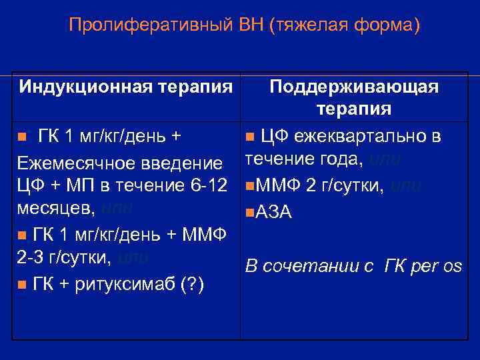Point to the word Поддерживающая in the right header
(353, 87)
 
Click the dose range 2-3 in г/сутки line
(31, 258)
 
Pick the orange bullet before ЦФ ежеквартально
(249, 138)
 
